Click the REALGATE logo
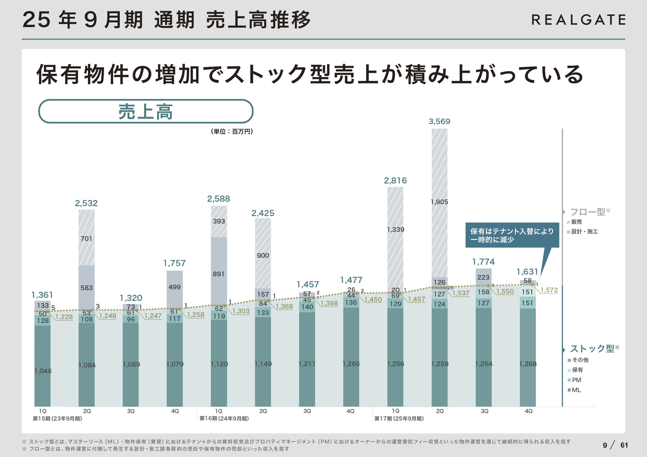point(578,20)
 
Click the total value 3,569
point(439,121)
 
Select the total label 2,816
point(395,180)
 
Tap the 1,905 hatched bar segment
point(439,202)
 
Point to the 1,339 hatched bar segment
point(395,229)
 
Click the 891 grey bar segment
point(219,274)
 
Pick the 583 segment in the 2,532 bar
point(86,287)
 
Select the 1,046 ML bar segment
point(42,371)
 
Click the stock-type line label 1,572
point(549,290)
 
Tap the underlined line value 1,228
point(64,317)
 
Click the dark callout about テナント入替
point(512,235)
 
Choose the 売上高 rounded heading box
point(146,111)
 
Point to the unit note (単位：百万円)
point(232,131)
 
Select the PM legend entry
point(575,380)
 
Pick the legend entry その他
point(579,360)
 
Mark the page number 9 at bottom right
point(605,445)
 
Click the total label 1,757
point(174,263)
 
